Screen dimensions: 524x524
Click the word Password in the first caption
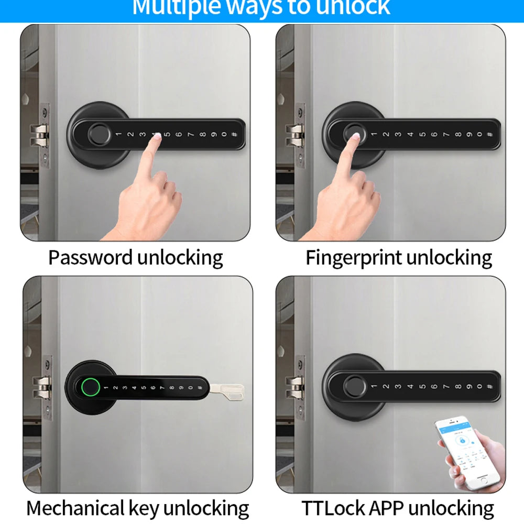point(90,258)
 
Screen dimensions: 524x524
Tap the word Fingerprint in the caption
point(354,258)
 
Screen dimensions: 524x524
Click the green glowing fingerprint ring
point(91,388)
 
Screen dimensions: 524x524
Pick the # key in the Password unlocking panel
point(234,135)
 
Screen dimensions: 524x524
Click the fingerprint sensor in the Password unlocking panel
point(99,133)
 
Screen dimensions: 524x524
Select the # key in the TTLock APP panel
point(489,387)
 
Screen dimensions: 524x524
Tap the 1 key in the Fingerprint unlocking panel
point(374,135)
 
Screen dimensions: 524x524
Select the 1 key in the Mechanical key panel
point(105,388)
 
